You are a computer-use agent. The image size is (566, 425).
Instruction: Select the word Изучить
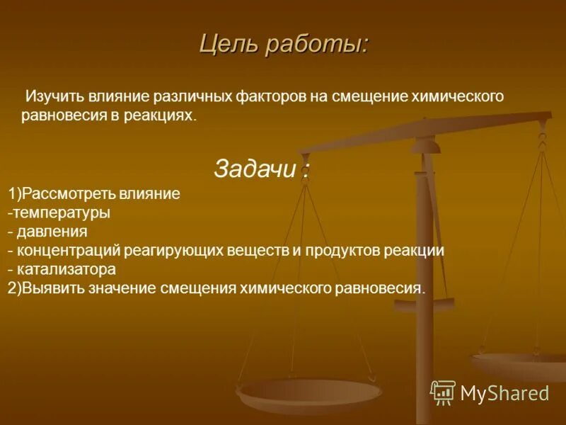coord(56,96)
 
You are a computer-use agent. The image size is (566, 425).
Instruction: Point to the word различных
coord(200,96)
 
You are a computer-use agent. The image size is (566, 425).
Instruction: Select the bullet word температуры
coord(62,212)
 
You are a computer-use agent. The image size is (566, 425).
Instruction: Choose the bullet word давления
coord(52,232)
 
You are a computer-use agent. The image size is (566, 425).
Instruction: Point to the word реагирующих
coord(173,251)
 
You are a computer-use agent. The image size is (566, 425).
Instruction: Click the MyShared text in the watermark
coord(504,393)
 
